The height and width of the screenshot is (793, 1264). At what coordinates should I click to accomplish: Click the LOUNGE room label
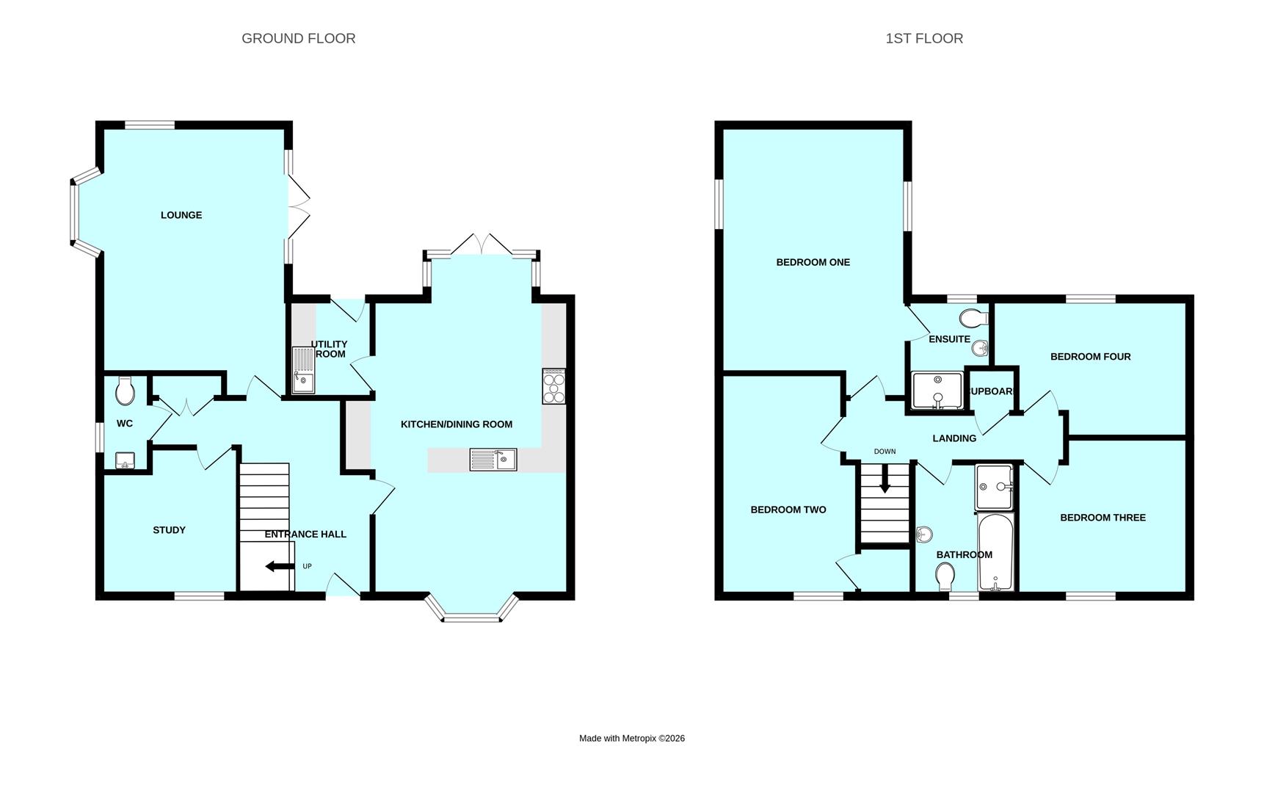tap(181, 215)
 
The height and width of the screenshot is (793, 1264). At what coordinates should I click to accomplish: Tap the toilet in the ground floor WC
tap(126, 391)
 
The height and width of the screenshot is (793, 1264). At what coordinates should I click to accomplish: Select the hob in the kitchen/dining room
tap(553, 385)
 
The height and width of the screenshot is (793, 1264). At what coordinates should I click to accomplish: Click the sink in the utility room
tap(302, 370)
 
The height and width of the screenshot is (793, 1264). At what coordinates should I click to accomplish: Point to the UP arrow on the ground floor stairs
tap(280, 566)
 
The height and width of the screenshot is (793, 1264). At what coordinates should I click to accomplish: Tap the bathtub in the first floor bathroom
tap(995, 552)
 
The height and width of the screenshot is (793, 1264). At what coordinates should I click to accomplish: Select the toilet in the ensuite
tap(973, 319)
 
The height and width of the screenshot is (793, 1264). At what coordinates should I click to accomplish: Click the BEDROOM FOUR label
tap(1090, 357)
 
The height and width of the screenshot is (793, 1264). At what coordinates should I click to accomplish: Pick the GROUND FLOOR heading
tap(298, 38)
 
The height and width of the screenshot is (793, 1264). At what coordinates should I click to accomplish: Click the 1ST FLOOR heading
tap(923, 38)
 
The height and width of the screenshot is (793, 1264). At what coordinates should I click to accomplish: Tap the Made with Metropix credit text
tap(631, 739)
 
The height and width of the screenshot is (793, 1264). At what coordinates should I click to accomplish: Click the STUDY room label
tap(169, 530)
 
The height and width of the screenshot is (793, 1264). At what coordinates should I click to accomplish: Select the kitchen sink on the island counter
tap(493, 460)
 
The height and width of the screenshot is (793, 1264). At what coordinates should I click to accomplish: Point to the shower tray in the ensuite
tap(937, 390)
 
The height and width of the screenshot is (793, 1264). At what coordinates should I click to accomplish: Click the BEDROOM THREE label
tap(1102, 518)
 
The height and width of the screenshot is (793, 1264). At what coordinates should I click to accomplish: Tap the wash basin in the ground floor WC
tap(126, 460)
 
